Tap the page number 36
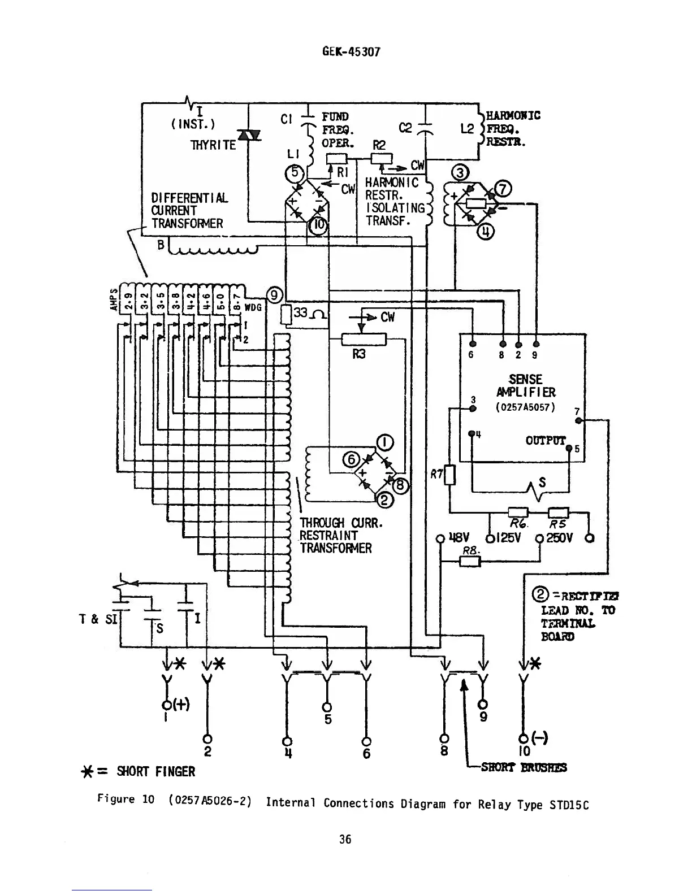(x=345, y=839)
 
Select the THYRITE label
(x=214, y=145)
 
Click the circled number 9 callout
(x=274, y=294)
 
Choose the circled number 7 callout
(x=503, y=189)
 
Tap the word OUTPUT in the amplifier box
(x=545, y=440)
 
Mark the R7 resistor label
(x=436, y=475)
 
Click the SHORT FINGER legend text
(x=155, y=771)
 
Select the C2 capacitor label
(x=406, y=128)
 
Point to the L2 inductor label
(x=466, y=129)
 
